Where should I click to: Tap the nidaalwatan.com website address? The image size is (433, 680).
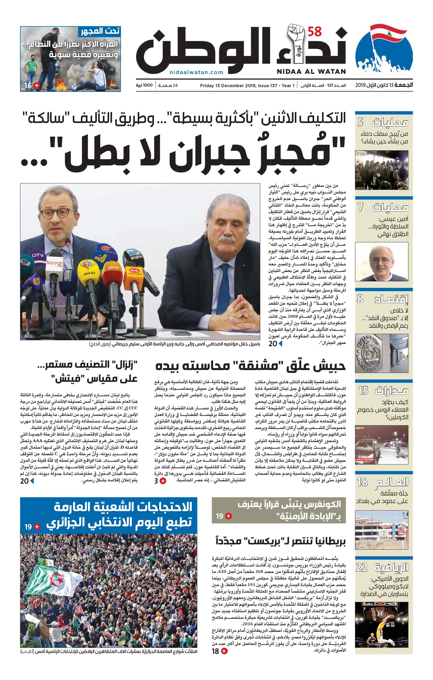click(197, 72)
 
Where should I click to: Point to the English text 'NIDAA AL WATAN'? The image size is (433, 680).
click(311, 71)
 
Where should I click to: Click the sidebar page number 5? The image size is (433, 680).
click(360, 122)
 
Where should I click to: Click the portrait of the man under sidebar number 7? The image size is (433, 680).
click(382, 261)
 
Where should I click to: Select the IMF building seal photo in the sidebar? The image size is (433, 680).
click(382, 353)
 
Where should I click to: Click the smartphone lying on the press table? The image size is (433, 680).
click(181, 333)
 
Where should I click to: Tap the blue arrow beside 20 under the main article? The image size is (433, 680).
click(280, 343)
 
